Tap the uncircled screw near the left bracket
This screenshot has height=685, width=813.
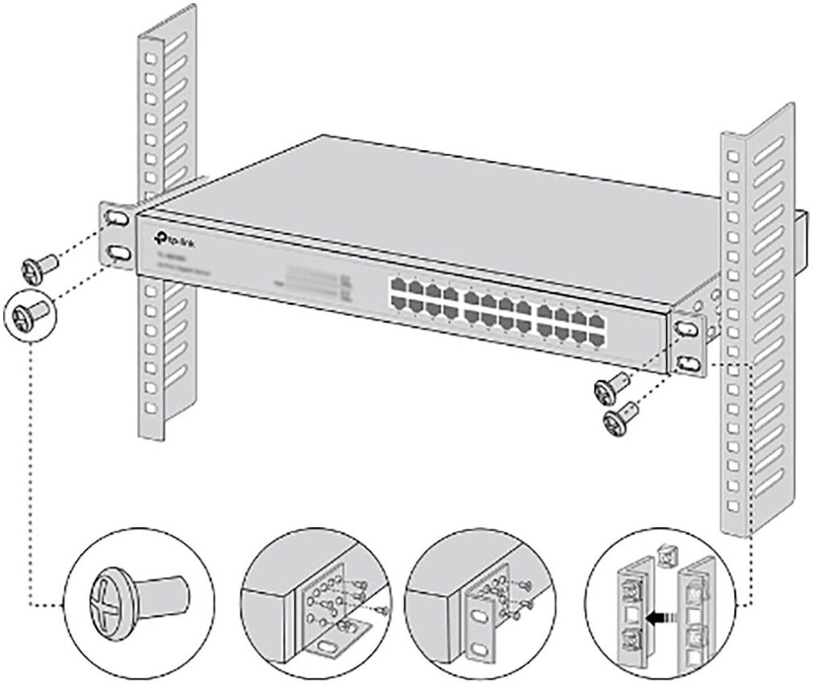(x=39, y=266)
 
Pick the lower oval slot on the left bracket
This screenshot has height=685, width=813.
(x=118, y=253)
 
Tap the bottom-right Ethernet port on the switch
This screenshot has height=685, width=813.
(x=597, y=338)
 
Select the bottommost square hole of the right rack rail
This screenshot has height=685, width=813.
(x=733, y=506)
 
